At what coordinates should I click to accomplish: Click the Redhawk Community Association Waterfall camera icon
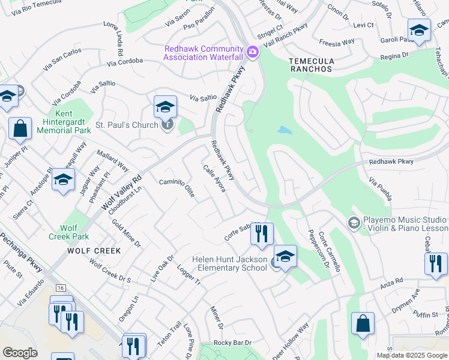click(252, 52)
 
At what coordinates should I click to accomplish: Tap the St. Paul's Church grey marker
click(168, 125)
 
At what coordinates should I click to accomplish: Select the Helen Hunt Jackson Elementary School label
click(229, 263)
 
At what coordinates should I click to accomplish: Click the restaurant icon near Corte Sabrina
click(261, 234)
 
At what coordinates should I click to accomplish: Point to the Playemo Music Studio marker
click(354, 223)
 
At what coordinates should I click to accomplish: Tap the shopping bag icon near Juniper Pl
click(20, 128)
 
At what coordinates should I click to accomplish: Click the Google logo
click(20, 353)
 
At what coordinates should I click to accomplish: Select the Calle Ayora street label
click(214, 179)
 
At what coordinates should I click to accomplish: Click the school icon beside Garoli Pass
click(418, 30)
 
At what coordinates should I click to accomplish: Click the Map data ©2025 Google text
click(412, 355)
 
